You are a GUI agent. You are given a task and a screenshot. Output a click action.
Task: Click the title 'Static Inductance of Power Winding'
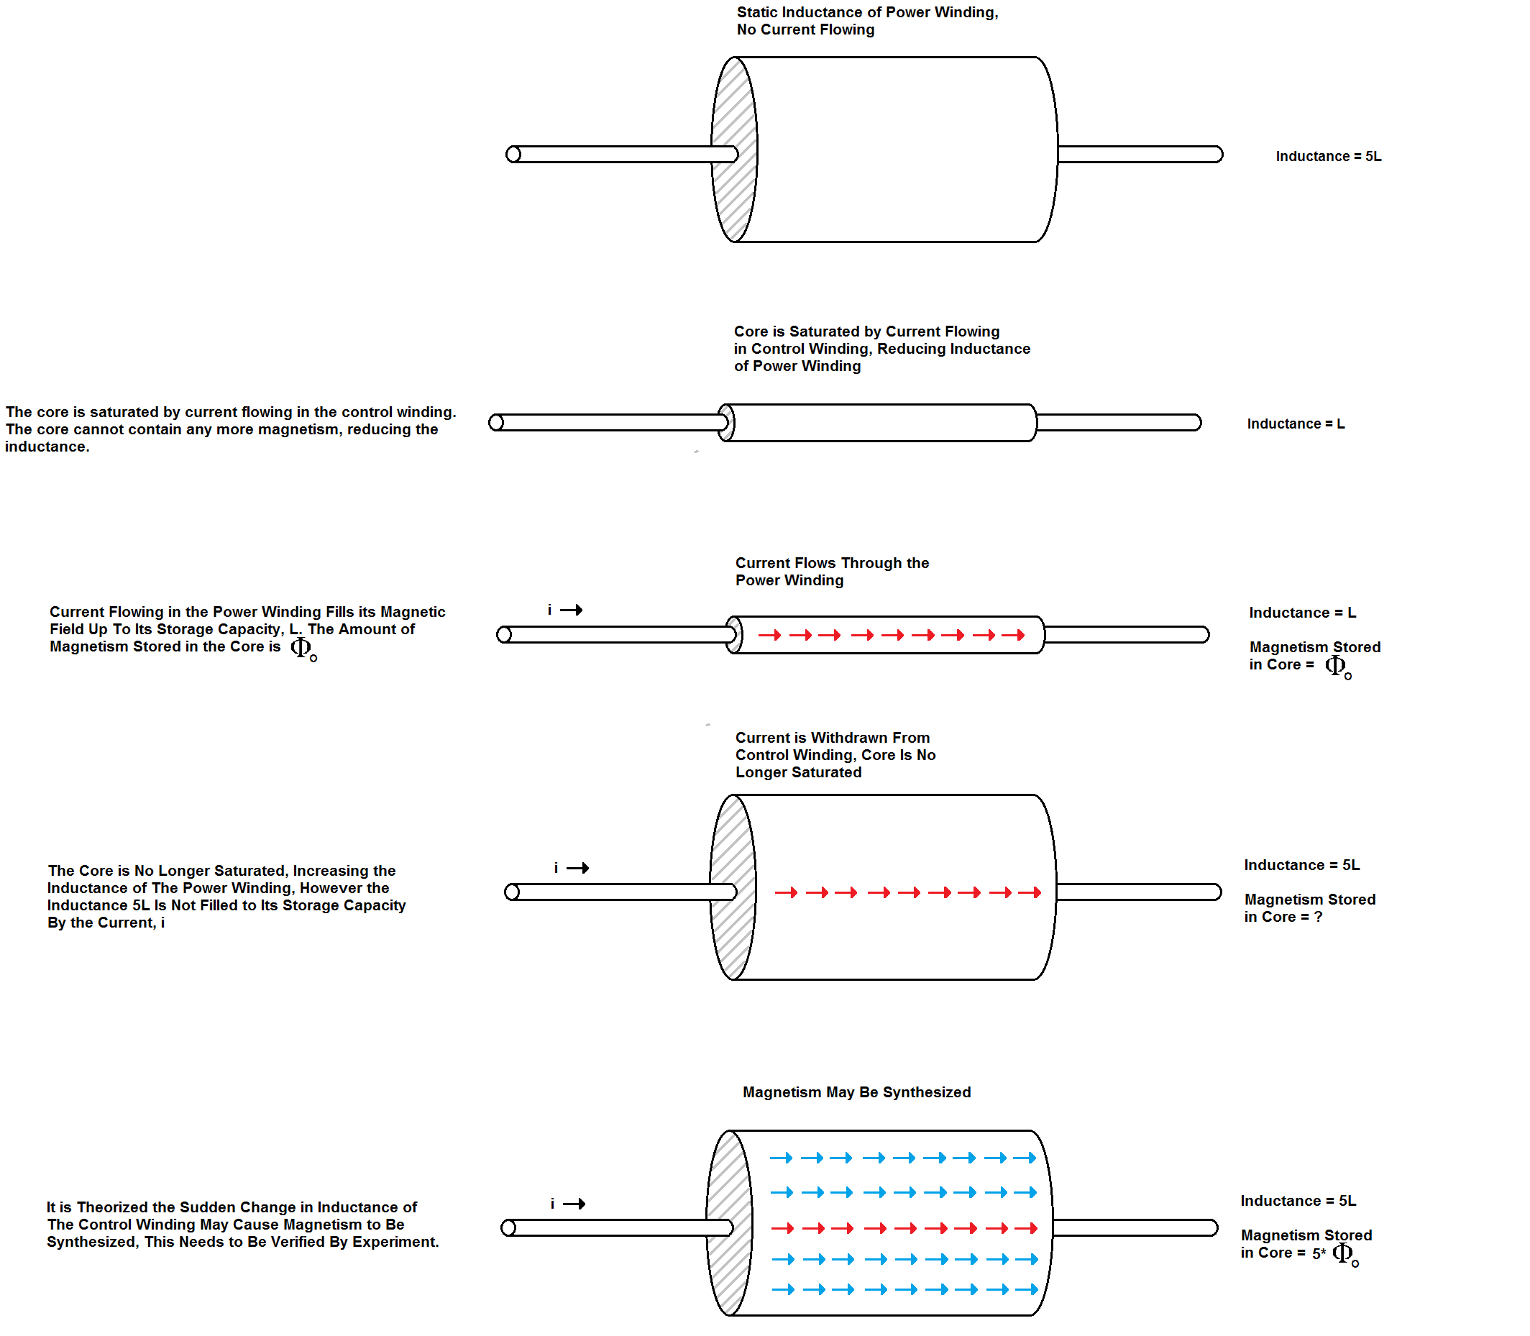867,13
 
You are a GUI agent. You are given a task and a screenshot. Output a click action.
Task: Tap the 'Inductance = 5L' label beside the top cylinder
1328,157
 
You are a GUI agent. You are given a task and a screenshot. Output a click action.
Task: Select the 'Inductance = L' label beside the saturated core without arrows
1296,424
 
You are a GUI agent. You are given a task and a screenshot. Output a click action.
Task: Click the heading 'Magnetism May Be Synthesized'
857,1092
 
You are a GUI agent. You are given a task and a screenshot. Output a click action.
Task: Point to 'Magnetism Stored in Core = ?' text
1309,909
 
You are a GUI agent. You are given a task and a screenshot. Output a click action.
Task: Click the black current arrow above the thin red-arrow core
571,610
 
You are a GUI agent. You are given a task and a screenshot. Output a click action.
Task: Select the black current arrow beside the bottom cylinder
574,1204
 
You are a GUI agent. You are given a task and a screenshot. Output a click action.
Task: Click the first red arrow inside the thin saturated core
769,635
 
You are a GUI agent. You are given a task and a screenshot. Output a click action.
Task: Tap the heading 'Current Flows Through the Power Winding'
832,572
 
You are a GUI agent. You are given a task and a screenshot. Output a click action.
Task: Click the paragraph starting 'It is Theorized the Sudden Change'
242,1224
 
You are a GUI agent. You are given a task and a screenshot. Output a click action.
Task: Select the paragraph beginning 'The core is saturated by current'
230,429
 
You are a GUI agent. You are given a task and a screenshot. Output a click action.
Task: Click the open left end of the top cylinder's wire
513,155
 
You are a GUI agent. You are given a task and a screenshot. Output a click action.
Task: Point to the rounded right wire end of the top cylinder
1217,155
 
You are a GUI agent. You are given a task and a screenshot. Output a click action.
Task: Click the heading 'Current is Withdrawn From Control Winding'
835,755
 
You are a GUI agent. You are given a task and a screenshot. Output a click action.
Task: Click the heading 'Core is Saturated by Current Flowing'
882,349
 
